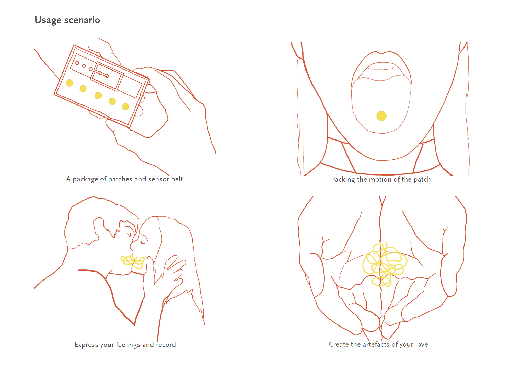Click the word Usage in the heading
click(48, 20)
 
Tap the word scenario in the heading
click(82, 20)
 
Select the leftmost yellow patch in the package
click(69, 83)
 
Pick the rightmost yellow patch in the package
click(125, 107)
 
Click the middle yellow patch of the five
click(98, 96)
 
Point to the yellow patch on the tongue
click(381, 116)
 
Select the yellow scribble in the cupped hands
click(384, 265)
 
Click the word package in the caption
click(85, 179)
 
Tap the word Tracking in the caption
click(342, 180)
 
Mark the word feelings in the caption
click(128, 345)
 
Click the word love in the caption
click(422, 344)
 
